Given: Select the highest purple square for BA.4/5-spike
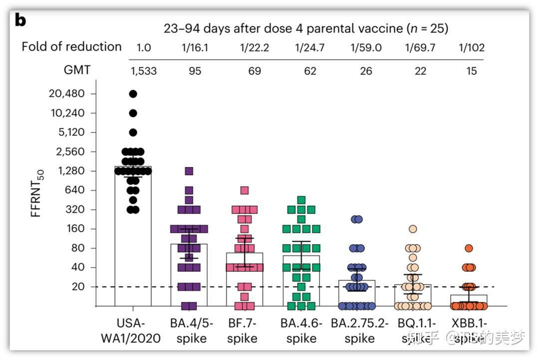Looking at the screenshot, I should [x=189, y=171].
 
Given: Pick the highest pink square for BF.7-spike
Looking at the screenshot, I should [x=245, y=190].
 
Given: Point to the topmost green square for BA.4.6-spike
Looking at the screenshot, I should [x=301, y=200].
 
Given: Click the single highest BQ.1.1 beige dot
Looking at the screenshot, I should [x=413, y=229].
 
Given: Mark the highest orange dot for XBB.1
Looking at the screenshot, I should [x=469, y=248].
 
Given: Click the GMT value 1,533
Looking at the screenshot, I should [x=144, y=71].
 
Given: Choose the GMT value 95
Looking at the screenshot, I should [x=195, y=71].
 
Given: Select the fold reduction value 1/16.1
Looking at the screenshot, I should [x=195, y=48].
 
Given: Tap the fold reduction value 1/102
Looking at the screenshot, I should [x=472, y=48].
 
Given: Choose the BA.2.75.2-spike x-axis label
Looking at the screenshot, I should [x=359, y=331].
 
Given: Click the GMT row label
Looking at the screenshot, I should [x=77, y=70].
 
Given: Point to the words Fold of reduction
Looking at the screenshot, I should [x=71, y=47].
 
